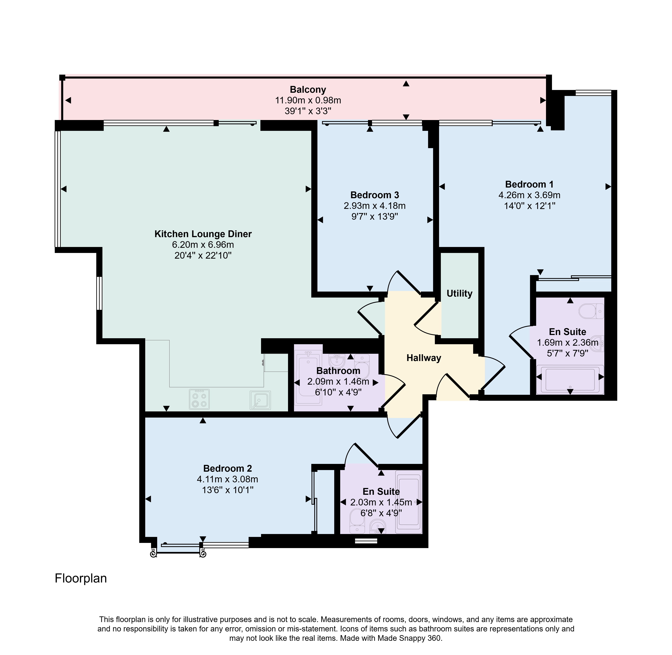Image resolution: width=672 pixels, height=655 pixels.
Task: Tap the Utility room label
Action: click(459, 293)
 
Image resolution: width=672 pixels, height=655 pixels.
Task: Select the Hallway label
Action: click(424, 358)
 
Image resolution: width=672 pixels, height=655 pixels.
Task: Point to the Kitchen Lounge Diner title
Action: click(203, 234)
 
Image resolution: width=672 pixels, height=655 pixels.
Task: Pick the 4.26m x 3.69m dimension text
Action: click(529, 195)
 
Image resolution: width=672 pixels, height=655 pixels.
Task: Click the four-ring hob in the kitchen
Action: click(199, 399)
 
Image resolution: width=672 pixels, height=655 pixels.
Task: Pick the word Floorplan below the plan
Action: click(81, 578)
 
